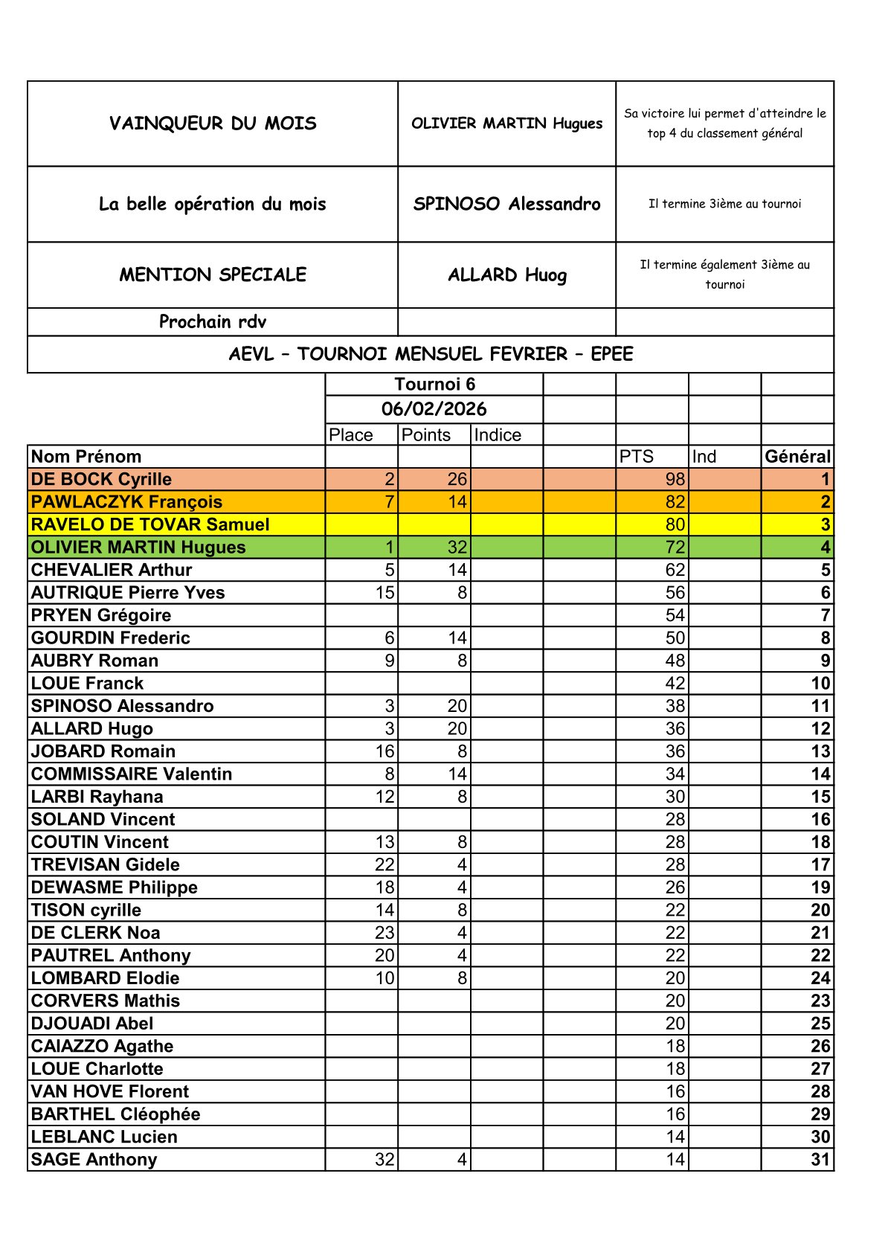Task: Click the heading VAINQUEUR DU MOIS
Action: [x=213, y=123]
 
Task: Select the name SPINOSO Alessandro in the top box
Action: [x=506, y=204]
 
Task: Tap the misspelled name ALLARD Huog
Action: [x=506, y=275]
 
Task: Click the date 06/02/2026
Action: [x=434, y=409]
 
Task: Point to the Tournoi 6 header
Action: [x=434, y=385]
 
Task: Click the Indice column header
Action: [x=498, y=435]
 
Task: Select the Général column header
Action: [x=797, y=457]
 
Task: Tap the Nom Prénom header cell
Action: [x=86, y=457]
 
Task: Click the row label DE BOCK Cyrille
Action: [x=101, y=480]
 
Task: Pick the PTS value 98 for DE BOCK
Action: [x=675, y=480]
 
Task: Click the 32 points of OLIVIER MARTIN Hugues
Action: [x=457, y=548]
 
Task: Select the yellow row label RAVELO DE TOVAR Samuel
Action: [x=150, y=525]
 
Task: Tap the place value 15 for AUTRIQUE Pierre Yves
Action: [x=384, y=593]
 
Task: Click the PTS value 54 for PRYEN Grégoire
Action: [x=675, y=616]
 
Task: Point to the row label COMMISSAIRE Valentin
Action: [x=132, y=774]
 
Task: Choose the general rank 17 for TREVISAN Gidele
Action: [x=820, y=865]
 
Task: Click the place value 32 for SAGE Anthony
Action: [x=384, y=1160]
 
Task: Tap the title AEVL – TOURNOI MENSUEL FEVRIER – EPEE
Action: [x=431, y=354]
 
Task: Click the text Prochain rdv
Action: [x=213, y=322]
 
